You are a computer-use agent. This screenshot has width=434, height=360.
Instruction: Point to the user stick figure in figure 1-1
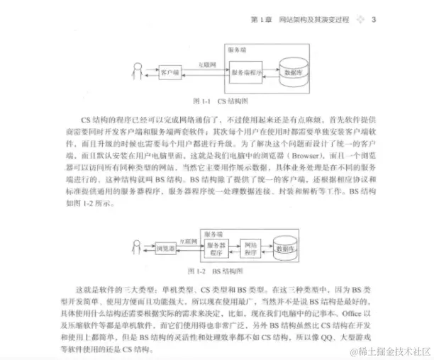(134, 72)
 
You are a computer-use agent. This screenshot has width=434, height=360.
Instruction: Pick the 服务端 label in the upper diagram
(236, 51)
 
